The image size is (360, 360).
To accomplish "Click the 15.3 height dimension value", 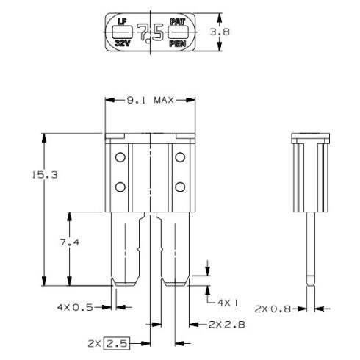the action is point(45,175).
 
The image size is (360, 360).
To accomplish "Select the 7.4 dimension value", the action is point(70,242).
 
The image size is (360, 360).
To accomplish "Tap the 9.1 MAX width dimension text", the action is point(151,100).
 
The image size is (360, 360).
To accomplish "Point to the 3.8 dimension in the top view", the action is point(220,32).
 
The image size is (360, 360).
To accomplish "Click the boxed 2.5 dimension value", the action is point(117,343).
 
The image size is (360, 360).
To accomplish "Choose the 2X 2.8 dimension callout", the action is point(227,325).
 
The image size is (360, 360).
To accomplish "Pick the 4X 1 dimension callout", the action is point(228,303).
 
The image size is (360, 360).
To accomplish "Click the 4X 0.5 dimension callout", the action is point(75,307).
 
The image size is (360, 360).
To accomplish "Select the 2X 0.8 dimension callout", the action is point(273,309).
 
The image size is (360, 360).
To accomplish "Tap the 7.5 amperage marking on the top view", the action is point(151,33).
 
